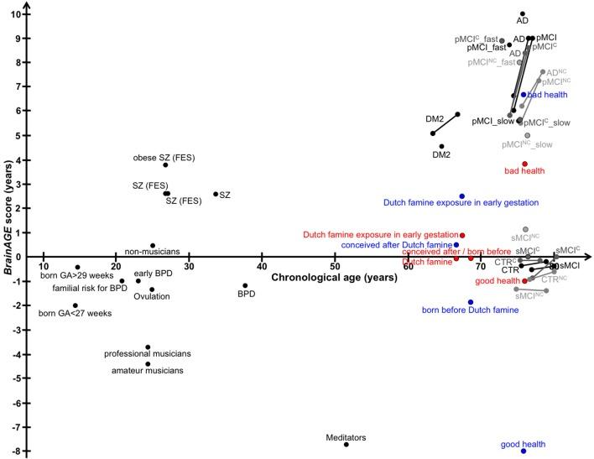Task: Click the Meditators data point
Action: click(346, 444)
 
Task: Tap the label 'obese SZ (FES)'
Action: click(162, 157)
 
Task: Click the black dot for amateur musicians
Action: click(148, 364)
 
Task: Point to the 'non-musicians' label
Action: click(152, 251)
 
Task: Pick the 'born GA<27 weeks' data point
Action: click(76, 305)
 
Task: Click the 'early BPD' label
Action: click(154, 274)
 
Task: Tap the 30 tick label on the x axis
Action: click(189, 267)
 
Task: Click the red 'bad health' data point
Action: click(525, 164)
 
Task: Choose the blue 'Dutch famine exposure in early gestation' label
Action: click(461, 203)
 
